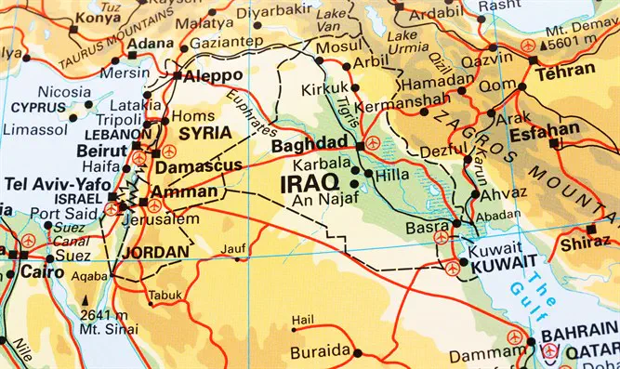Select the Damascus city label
coord(199,167)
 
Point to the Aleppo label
coord(214,75)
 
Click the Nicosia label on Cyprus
coord(64,92)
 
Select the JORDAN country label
coord(155,251)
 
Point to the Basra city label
coord(426,228)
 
